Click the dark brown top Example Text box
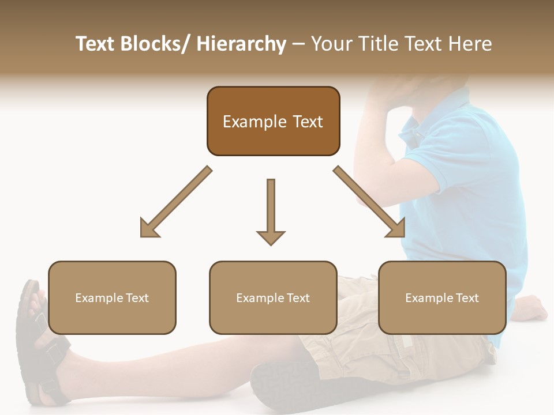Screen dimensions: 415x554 (x=273, y=121)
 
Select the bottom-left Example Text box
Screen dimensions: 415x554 (x=112, y=297)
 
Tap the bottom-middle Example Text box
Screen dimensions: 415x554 (x=273, y=297)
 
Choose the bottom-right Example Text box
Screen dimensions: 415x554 (x=442, y=297)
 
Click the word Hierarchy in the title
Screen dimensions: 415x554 (x=241, y=44)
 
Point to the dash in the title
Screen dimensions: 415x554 (x=298, y=45)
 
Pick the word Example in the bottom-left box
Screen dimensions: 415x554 (x=96, y=298)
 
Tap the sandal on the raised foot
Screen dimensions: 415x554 (x=35, y=346)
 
